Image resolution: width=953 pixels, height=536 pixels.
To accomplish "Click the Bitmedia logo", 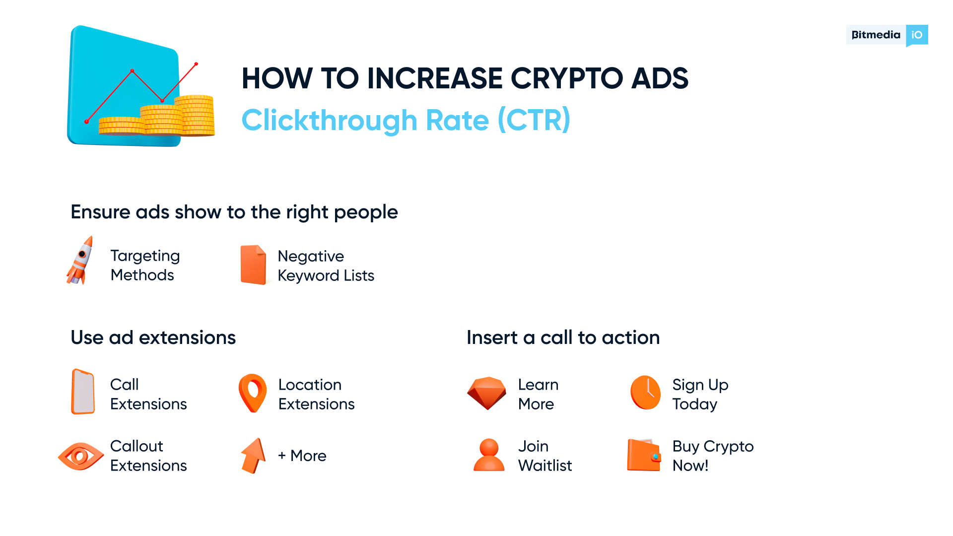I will click(x=886, y=35).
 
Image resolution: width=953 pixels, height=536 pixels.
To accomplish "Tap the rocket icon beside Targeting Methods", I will click(x=80, y=261).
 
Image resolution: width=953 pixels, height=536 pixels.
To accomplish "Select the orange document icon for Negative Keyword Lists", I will click(x=254, y=265).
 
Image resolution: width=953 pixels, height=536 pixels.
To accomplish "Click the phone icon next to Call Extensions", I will click(x=83, y=392).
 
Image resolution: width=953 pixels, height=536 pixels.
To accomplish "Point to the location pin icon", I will click(x=253, y=392).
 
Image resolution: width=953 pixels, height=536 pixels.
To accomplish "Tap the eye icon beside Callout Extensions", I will click(x=80, y=456).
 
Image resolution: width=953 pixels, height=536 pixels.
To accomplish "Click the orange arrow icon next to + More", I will click(x=254, y=455).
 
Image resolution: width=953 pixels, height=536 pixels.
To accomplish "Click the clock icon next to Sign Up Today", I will click(x=645, y=392).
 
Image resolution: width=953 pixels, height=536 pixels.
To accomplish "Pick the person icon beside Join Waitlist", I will click(x=489, y=455).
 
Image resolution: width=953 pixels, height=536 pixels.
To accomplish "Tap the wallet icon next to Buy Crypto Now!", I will click(x=644, y=455).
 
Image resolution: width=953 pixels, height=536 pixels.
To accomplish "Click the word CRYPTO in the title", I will click(x=566, y=78).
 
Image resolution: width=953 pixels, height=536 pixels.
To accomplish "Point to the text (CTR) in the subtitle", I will click(x=534, y=120).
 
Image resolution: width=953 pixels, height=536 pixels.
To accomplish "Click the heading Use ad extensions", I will click(x=153, y=337).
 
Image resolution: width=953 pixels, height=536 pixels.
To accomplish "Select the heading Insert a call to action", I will click(x=563, y=337).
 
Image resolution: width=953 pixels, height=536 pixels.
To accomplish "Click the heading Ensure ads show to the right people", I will click(x=234, y=212).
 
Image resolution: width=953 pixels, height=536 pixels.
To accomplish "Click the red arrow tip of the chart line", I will click(x=196, y=64).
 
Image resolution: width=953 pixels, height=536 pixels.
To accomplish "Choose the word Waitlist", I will click(x=545, y=466).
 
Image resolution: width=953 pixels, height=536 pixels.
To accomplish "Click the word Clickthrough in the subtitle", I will click(x=329, y=120).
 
